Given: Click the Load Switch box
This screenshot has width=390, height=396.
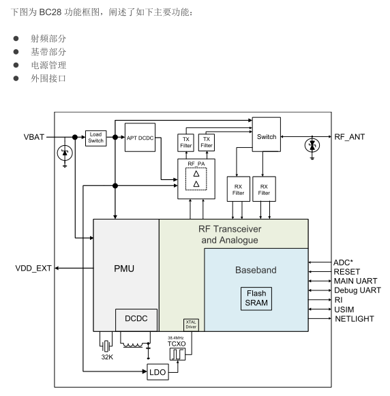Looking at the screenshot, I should [x=96, y=137].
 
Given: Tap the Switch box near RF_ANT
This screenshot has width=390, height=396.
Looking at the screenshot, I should [x=267, y=137].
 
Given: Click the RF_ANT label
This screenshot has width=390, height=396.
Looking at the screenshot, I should [x=349, y=137].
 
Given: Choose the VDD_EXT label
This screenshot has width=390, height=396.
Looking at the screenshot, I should [x=33, y=269].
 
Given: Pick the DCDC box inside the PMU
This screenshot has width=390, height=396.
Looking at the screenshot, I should [x=136, y=318].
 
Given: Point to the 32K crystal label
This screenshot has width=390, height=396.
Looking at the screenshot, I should [x=105, y=356].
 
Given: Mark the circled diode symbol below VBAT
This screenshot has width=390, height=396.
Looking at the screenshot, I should [x=64, y=153].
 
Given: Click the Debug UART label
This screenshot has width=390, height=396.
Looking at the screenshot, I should [x=357, y=290].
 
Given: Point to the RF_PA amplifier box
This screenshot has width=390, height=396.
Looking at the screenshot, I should [x=196, y=179].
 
